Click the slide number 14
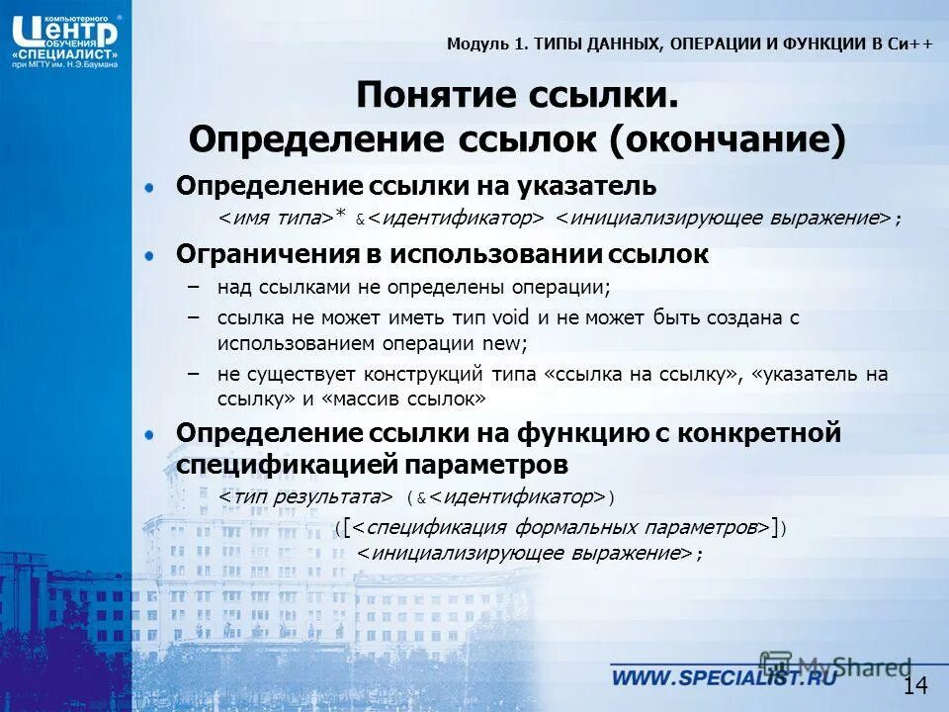pyautogui.click(x=915, y=685)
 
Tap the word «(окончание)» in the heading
pyautogui.click(x=728, y=139)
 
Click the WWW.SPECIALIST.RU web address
pyautogui.click(x=723, y=678)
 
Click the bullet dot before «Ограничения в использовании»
pyautogui.click(x=149, y=255)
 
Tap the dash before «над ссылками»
pyautogui.click(x=194, y=288)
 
